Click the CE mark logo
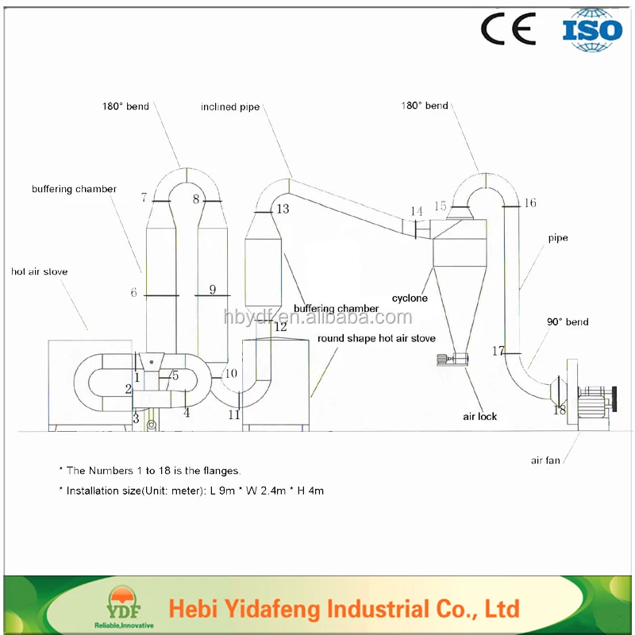(508, 29)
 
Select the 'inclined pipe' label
(230, 106)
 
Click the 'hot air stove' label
(39, 271)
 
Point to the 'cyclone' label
(410, 298)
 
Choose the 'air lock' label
(479, 416)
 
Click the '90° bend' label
(568, 321)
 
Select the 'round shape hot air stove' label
(376, 338)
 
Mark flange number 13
(283, 209)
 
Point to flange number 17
(498, 350)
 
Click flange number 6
(134, 293)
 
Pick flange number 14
(417, 211)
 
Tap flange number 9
(212, 290)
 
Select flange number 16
(530, 203)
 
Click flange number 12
(281, 326)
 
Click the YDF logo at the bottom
(121, 608)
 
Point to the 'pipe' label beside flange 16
(558, 237)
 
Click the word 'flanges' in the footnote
(220, 470)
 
